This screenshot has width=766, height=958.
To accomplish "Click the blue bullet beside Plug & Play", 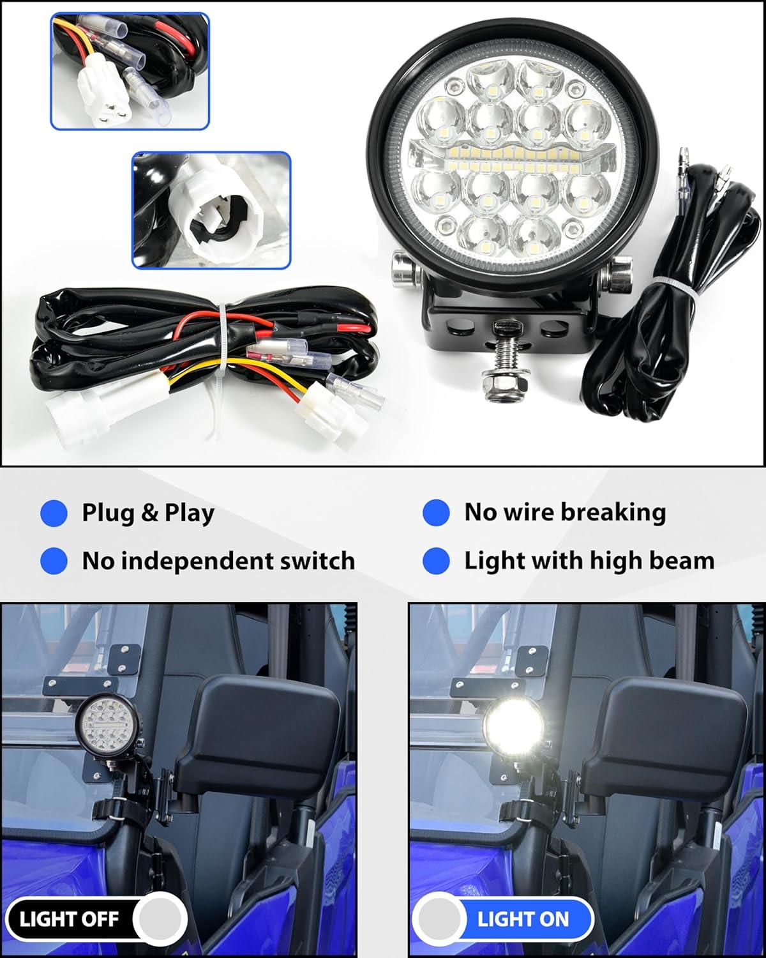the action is (54, 513).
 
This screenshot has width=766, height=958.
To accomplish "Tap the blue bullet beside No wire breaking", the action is (436, 512).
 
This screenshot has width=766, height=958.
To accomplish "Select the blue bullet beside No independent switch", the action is (54, 561).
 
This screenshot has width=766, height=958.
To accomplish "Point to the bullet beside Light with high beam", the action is (436, 561).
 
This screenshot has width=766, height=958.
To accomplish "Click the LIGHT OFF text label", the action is (70, 919).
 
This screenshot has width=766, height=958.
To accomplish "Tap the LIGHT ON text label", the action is (523, 919).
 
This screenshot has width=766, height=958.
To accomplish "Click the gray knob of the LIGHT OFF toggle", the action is (160, 918).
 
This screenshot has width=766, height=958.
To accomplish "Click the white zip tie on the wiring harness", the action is (222, 356).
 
